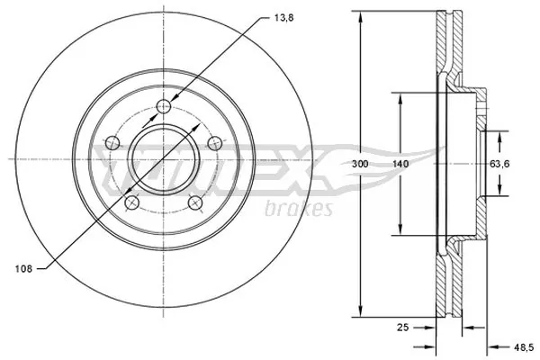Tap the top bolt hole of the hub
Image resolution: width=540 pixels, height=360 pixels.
tap(163, 108)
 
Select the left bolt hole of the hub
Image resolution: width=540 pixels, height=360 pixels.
tap(111, 143)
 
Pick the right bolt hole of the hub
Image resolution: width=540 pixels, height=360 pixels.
tap(215, 143)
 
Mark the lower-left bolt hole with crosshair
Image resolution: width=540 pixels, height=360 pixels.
tap(131, 202)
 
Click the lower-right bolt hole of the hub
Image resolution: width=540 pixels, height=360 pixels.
tap(194, 203)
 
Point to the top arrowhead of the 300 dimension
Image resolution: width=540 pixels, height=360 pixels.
tap(362, 17)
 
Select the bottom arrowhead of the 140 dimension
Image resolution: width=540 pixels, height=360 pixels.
tap(400, 232)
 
